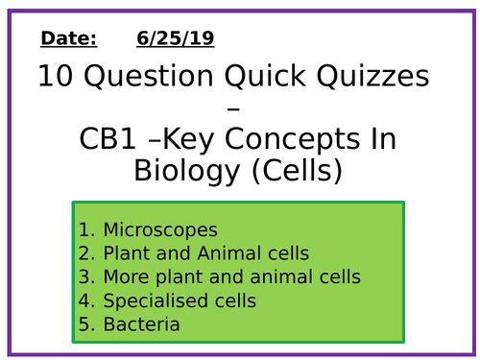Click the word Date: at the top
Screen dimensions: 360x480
click(69, 39)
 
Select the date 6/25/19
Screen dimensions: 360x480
click(176, 39)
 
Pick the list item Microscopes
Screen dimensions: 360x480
click(160, 230)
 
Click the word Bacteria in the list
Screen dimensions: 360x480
click(141, 324)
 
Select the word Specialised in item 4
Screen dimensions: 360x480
click(152, 301)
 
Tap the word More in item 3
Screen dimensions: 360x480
click(124, 277)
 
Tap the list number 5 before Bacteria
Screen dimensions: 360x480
click(87, 324)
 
